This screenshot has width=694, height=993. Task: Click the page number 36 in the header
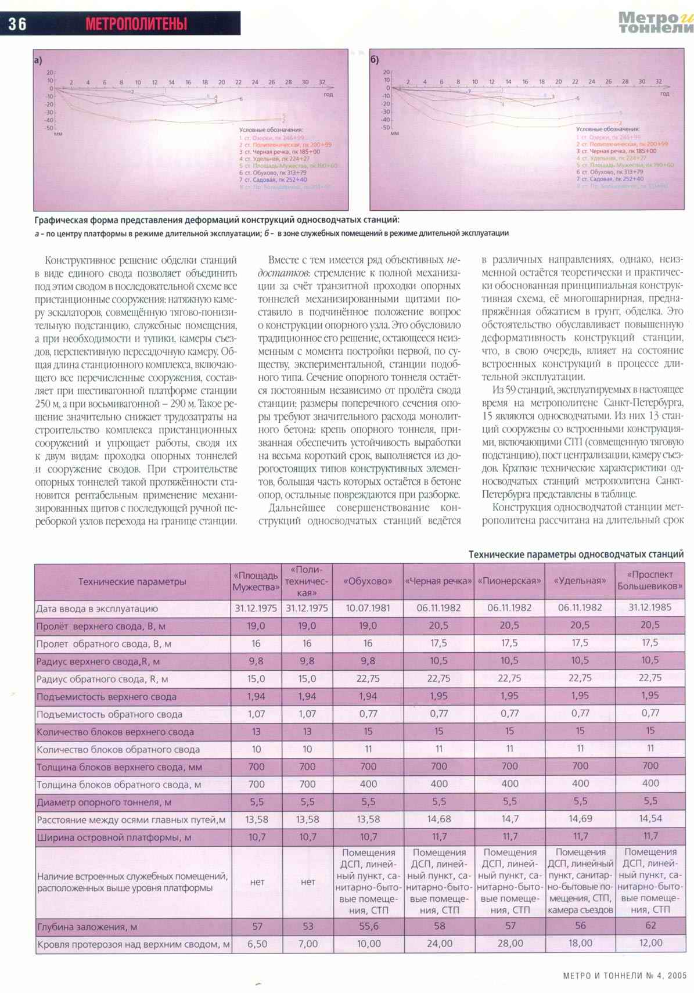tap(17, 24)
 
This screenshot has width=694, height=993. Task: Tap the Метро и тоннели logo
tap(655, 23)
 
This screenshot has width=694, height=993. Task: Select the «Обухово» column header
tap(368, 581)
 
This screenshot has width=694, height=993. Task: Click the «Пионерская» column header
tap(509, 581)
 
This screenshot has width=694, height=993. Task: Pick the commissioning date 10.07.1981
tap(368, 608)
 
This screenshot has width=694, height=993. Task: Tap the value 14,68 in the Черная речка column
tap(438, 819)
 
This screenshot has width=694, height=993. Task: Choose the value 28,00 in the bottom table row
tap(509, 944)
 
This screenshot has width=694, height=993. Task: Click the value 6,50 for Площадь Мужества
tap(257, 944)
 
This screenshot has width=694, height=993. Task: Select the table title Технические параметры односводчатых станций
tap(576, 555)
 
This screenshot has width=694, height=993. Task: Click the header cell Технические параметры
tap(132, 581)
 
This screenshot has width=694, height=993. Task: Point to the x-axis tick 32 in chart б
tap(659, 82)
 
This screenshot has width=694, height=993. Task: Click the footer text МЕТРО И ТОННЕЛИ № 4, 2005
tap(624, 976)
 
